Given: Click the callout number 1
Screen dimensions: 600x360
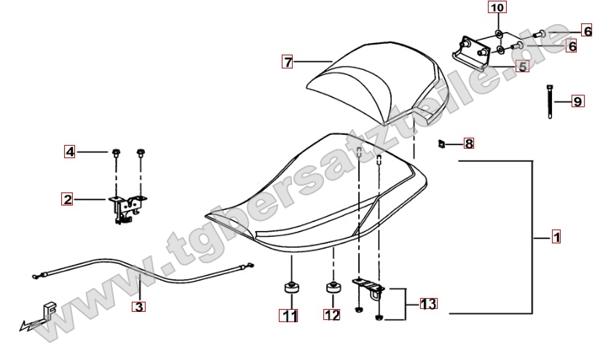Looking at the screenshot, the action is pos(556,237).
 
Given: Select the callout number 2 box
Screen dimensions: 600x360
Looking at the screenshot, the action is pos(67,199).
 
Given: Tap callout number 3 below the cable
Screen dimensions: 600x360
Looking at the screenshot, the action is pos(138,306).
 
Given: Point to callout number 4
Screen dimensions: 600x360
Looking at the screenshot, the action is pos(70,152).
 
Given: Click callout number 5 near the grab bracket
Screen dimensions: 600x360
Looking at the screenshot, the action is pos(523,66).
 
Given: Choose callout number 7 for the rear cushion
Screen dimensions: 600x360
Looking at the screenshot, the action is pos(288,61).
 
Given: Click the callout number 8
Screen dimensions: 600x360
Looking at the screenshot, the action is pos(469,144).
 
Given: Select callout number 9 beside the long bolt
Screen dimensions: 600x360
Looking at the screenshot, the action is pos(578,101).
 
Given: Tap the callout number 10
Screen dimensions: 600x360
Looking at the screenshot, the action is pos(497,8).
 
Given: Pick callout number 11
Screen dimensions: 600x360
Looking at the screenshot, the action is pos(288,316).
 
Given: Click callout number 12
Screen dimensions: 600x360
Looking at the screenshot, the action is pos(332,315).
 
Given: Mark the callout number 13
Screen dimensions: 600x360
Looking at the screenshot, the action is pos(429,304).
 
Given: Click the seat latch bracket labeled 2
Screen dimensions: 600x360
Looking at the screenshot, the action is pos(125,208).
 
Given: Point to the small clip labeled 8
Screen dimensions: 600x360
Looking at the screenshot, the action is pos(441,144).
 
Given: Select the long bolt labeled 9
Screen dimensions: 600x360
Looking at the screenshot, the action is pos(550,101).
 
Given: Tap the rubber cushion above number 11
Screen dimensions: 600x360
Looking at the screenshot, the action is pos(291,289).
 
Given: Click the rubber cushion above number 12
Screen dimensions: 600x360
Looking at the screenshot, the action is pos(333,288).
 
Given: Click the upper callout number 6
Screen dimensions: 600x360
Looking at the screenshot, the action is pos(588,31).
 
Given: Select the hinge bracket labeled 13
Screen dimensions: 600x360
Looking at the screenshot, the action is pos(368,288).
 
